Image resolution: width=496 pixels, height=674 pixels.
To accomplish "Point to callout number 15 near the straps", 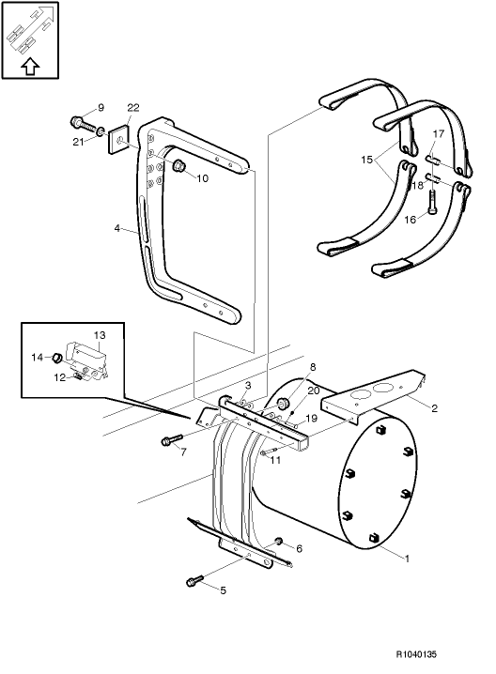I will (x=365, y=161).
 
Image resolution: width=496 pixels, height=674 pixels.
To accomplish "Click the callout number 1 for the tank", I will (x=406, y=559).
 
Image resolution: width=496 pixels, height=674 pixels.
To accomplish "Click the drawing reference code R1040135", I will (x=442, y=654).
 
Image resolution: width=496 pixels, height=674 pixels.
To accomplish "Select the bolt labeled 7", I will (x=170, y=439).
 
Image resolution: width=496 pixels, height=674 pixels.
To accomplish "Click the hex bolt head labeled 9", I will (x=76, y=122).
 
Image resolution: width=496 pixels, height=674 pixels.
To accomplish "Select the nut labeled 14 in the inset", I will (x=56, y=358).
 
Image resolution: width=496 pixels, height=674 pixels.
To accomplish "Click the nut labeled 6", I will (x=279, y=542).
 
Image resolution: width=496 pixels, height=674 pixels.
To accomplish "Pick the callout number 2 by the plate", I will (x=435, y=408).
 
